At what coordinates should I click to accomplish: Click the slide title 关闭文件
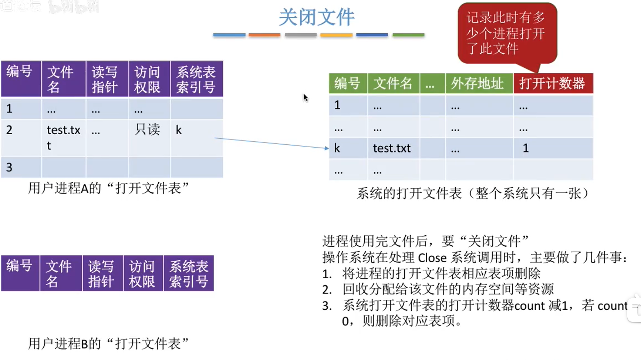pyautogui.click(x=317, y=17)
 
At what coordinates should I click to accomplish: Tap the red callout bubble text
pyautogui.click(x=506, y=33)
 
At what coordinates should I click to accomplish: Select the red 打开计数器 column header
pyautogui.click(x=553, y=83)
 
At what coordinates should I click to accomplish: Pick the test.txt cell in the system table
pyautogui.click(x=392, y=148)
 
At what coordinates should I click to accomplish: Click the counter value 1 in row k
pyautogui.click(x=526, y=148)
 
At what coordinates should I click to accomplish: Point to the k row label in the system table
pyautogui.click(x=337, y=148)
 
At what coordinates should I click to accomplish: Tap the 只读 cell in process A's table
pyautogui.click(x=147, y=129)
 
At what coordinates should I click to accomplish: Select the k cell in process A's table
pyautogui.click(x=179, y=130)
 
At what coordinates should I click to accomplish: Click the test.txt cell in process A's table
pyautogui.click(x=63, y=137)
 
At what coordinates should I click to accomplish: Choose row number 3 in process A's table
pyautogui.click(x=9, y=167)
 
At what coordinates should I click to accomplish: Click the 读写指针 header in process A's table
pyautogui.click(x=105, y=79)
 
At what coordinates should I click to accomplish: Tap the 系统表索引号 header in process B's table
pyautogui.click(x=189, y=273)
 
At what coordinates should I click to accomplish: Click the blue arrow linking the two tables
pyautogui.click(x=272, y=143)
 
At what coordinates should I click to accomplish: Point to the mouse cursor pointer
pyautogui.click(x=306, y=98)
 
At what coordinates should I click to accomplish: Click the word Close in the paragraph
pyautogui.click(x=432, y=258)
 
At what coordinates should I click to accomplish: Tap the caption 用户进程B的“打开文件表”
pyautogui.click(x=108, y=344)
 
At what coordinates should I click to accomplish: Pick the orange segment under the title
pyautogui.click(x=264, y=35)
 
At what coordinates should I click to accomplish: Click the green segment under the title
pyautogui.click(x=408, y=35)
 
